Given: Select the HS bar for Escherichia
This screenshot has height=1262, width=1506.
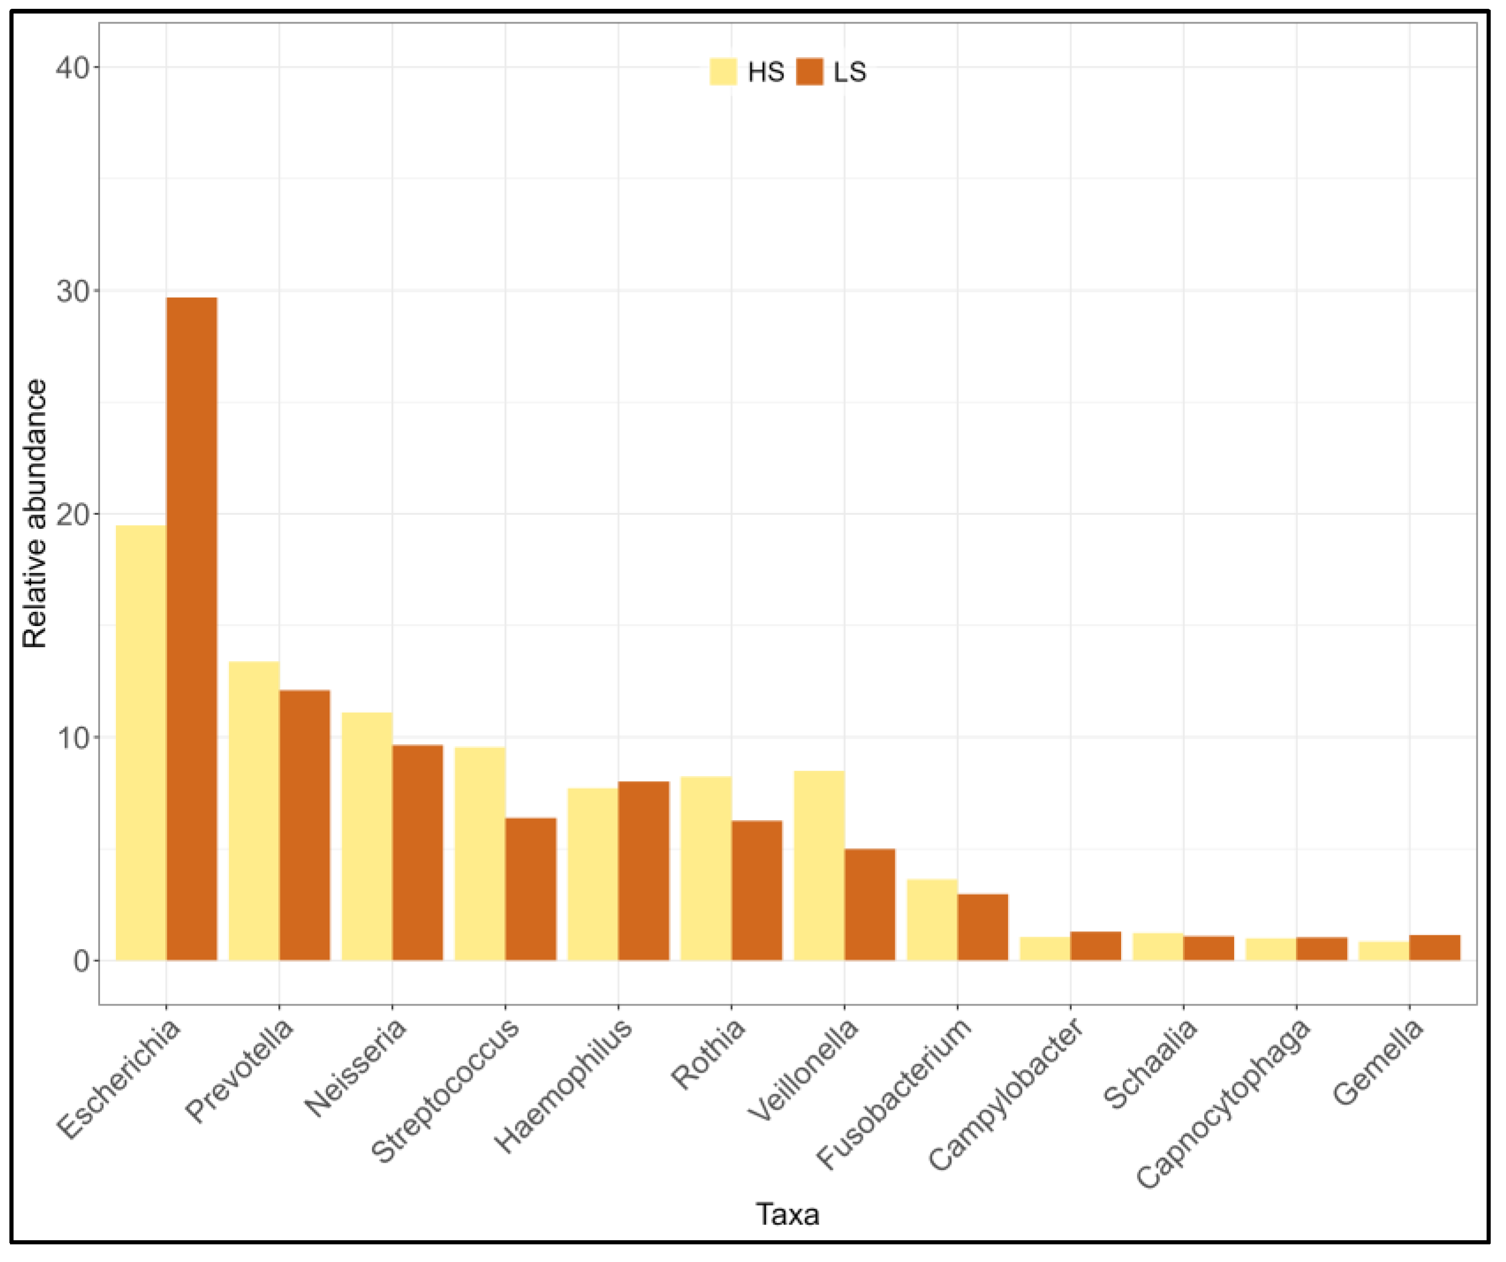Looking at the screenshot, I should pos(141,743).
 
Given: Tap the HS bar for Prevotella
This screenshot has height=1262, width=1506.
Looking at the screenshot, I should pos(254,811).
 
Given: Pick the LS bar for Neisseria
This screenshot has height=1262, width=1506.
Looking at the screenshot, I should pos(417,853).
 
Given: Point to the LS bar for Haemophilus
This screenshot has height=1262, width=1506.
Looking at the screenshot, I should pos(643,871).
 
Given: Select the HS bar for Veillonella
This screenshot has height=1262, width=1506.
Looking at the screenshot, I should pos(819,865).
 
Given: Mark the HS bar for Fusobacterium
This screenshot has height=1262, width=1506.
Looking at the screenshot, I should pos(932,920).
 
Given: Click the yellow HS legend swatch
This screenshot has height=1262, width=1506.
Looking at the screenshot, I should pos(723,72).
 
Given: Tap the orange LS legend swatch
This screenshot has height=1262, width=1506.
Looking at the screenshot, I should pos(810,72).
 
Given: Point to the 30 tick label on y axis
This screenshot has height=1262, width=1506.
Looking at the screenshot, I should pos(73,292).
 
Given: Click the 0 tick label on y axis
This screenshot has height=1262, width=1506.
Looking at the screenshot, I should pos(81,961).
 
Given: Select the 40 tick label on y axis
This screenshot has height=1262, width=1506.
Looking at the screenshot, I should pos(73,68).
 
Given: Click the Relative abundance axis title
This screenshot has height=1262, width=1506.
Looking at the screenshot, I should pos(34,514).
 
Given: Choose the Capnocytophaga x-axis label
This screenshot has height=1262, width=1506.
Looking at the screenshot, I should pos(1224,1104).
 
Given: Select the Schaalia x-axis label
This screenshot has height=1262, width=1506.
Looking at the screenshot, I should pos(1149,1064).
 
